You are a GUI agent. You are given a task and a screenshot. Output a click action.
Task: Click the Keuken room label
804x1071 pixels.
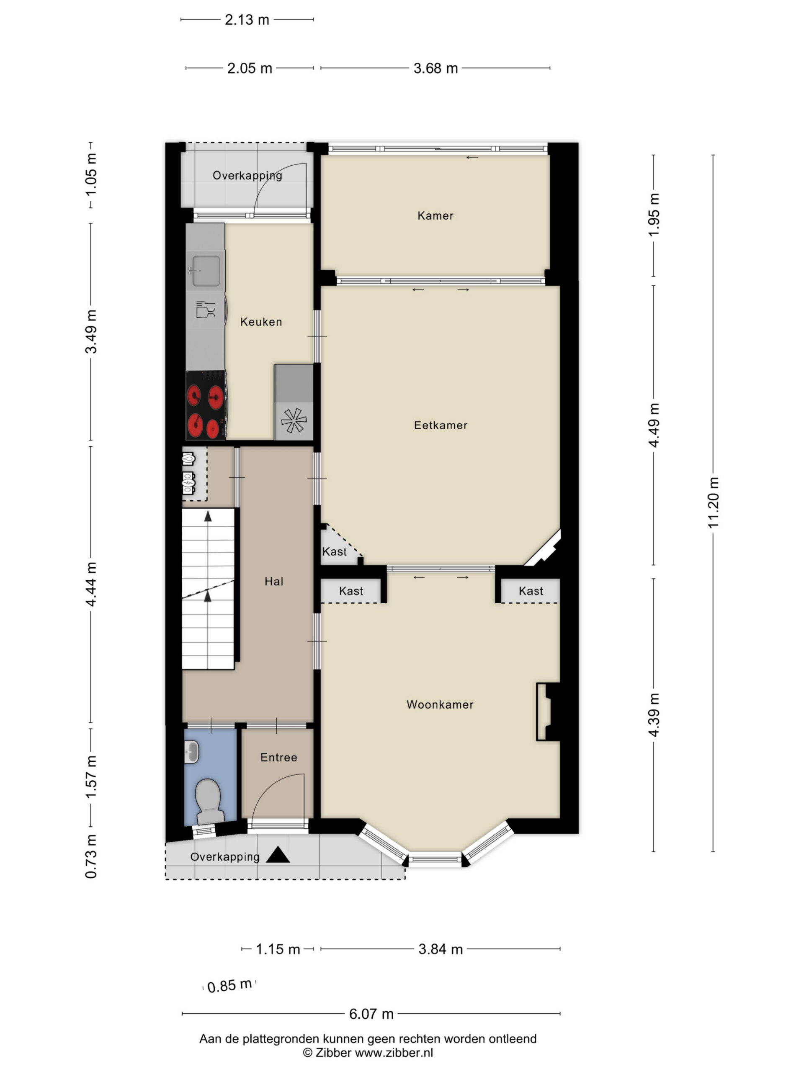coord(261,322)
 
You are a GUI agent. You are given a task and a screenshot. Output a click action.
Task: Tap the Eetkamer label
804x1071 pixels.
coord(441,425)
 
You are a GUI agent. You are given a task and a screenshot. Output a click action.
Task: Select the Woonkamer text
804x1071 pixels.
coord(440,705)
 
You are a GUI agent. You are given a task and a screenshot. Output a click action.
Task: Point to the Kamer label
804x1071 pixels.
coord(435,215)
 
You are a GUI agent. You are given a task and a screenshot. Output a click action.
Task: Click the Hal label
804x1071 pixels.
coord(274,582)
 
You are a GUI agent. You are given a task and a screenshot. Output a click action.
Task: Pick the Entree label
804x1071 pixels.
coord(278,757)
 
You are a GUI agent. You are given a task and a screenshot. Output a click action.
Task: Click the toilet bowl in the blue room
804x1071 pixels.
coord(209,801)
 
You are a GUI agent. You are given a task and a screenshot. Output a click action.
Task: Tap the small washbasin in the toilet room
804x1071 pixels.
coord(192,753)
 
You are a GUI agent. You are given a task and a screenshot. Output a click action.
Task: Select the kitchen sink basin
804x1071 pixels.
coord(206,271)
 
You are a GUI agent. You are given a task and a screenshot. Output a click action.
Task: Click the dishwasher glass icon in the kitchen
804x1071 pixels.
coord(206,310)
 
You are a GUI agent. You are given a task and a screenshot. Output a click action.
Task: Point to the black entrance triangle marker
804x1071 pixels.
coord(278,855)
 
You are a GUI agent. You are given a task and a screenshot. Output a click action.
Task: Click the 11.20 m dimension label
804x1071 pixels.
coord(713,502)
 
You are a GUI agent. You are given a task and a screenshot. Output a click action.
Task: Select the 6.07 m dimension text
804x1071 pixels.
coord(371,1013)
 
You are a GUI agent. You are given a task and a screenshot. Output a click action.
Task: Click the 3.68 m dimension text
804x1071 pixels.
coord(435,68)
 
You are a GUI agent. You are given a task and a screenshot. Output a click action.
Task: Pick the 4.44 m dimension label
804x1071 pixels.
coord(90,584)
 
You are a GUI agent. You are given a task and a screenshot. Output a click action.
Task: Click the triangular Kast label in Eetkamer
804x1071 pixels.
coord(335,551)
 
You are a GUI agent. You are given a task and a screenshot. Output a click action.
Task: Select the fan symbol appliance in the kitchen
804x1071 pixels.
coord(294,421)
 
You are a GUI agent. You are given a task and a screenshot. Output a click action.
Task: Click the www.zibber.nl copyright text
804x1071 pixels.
coord(368,1053)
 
